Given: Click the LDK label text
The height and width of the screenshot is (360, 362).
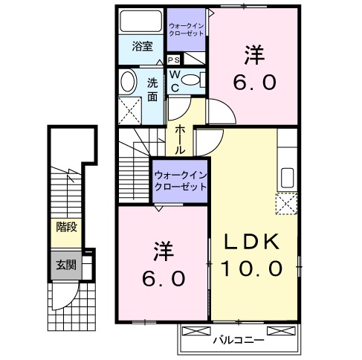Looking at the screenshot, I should (253, 243).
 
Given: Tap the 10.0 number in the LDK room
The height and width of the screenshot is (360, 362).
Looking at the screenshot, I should (253, 269).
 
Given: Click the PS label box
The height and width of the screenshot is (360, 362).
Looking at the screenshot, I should (173, 60).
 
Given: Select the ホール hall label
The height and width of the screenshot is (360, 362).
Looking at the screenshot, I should (181, 139).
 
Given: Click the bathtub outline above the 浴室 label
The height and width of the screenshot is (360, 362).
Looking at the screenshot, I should (141, 21).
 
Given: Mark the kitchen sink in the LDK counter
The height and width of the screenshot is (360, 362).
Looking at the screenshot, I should (287, 179).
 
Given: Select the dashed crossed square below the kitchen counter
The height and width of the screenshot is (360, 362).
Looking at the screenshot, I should (287, 203).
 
